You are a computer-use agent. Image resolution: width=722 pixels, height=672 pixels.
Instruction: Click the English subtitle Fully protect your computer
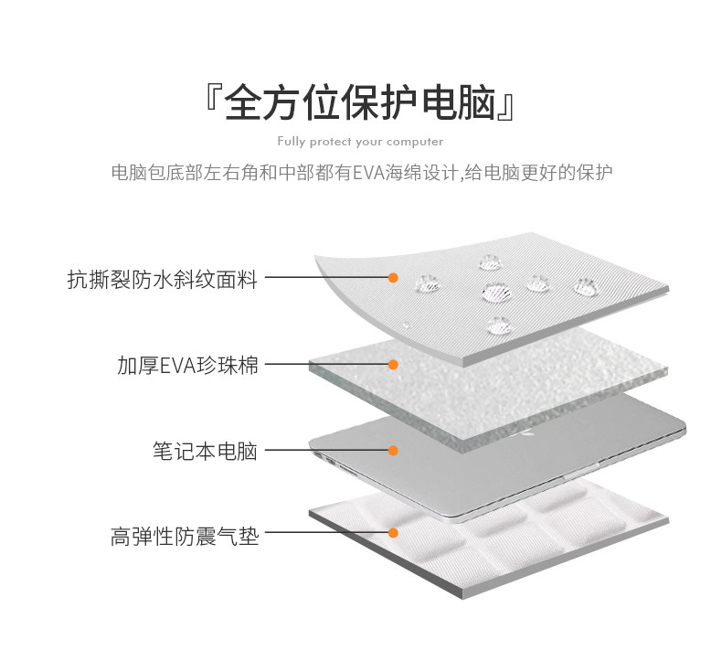pyautogui.click(x=360, y=142)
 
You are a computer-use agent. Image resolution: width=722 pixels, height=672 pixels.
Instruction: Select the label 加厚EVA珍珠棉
pyautogui.click(x=187, y=365)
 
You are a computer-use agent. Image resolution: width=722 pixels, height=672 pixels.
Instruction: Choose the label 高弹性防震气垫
pyautogui.click(x=185, y=536)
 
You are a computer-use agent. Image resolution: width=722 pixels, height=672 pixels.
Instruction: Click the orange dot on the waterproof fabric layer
pyautogui.click(x=393, y=277)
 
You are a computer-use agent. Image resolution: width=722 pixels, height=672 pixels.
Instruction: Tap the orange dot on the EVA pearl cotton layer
pyautogui.click(x=393, y=364)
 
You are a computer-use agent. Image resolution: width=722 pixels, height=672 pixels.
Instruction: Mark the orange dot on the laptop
pyautogui.click(x=393, y=450)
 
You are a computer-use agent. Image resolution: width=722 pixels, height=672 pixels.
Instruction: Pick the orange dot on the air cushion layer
pyautogui.click(x=393, y=532)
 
